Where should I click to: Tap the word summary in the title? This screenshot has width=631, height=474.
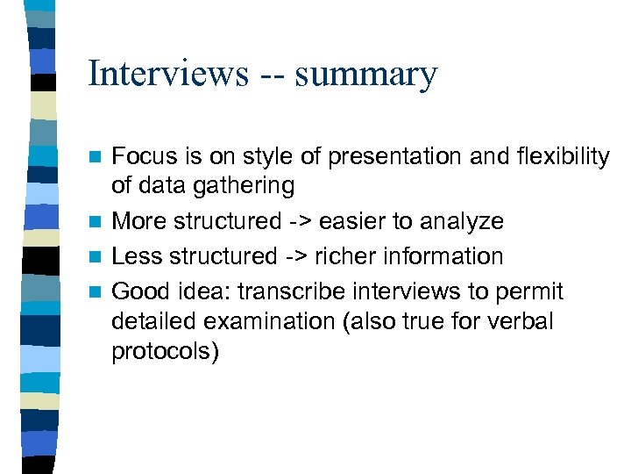(x=365, y=75)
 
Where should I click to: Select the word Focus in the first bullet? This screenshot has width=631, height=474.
(x=145, y=157)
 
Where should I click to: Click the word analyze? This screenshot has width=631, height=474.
(x=463, y=222)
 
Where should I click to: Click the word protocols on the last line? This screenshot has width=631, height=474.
(x=164, y=352)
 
